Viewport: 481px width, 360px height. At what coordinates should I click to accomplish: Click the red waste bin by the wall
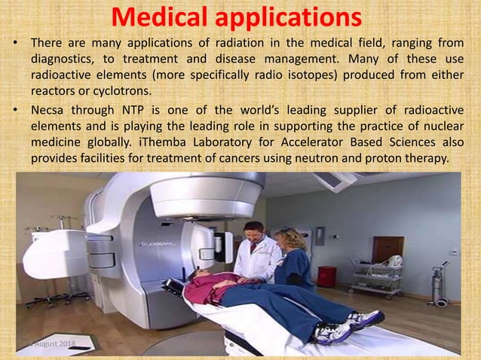pos(326,276)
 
